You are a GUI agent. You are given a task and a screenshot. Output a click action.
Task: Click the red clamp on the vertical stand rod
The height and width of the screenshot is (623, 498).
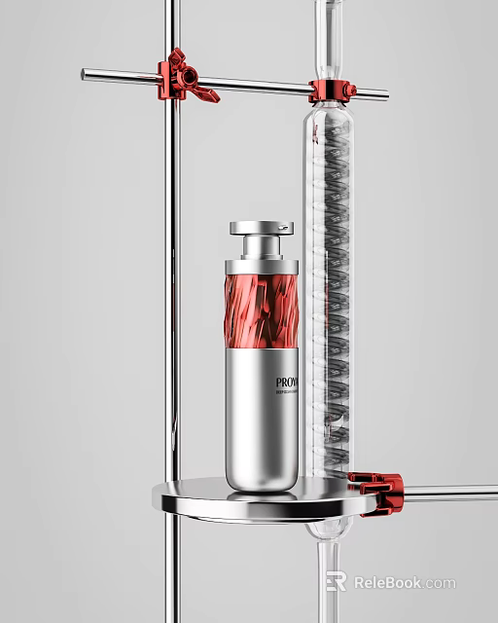click(181, 75)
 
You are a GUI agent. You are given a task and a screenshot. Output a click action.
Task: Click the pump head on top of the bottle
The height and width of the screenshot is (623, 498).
click(261, 229)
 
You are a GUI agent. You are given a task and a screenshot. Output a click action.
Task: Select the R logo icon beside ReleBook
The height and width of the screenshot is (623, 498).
click(337, 581)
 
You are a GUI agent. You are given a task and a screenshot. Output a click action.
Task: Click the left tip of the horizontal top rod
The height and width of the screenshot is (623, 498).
click(86, 72)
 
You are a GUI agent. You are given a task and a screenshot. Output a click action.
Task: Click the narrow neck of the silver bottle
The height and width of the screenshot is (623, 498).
click(261, 247)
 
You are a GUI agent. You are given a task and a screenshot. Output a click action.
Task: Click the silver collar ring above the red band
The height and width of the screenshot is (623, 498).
click(262, 266)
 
